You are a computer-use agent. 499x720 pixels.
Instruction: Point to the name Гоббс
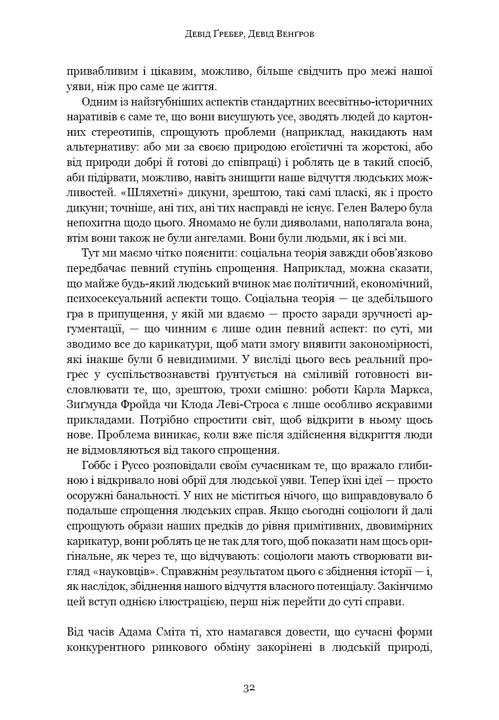[x=96, y=465]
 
